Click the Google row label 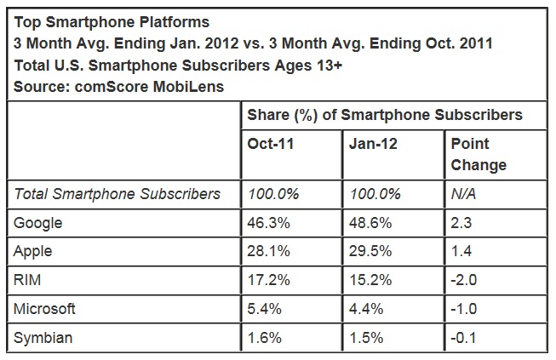coord(38,223)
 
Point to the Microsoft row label coord(44,309)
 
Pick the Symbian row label coord(43,338)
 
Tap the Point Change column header coord(479,154)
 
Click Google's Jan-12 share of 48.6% coord(371,223)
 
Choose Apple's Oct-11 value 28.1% coord(269,252)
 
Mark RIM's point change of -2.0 coord(464,280)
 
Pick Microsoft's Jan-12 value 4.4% coord(368,309)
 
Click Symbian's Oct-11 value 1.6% coord(266,338)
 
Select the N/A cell coord(463,194)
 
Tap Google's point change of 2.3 coord(461,223)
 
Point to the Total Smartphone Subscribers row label coord(118,194)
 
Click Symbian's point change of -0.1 coord(464,338)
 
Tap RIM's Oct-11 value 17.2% coord(269,280)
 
